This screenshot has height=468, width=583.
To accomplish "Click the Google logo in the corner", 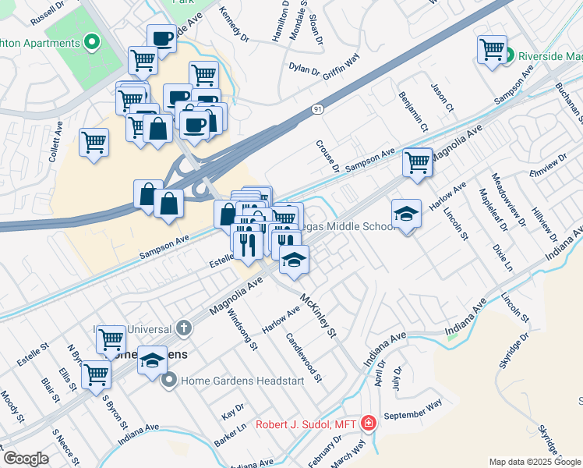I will [x=26, y=459].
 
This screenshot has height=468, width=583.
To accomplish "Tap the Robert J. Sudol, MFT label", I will [x=306, y=424].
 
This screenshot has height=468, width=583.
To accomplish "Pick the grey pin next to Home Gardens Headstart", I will [x=168, y=381].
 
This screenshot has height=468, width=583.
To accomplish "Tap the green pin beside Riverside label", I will [x=509, y=55].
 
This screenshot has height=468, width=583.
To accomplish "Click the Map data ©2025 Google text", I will [x=535, y=462].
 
